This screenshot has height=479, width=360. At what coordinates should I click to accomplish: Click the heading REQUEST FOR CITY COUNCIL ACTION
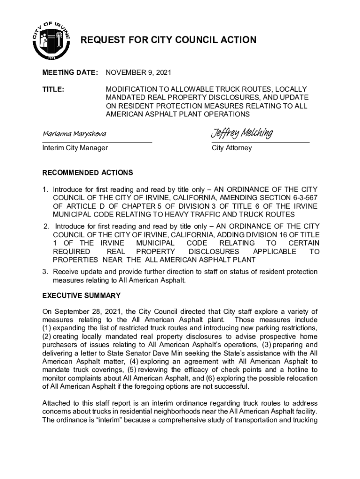point(169,40)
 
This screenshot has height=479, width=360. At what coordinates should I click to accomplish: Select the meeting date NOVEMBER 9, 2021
point(139,73)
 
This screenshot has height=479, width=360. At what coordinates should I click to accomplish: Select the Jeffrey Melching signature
point(242,134)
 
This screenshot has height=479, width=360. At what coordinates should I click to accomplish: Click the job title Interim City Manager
point(75,148)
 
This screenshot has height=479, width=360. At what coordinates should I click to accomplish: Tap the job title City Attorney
point(232,148)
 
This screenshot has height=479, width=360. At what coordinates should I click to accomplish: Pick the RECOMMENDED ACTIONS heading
point(87,173)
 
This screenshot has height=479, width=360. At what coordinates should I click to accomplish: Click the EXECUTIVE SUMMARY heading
point(81,296)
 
